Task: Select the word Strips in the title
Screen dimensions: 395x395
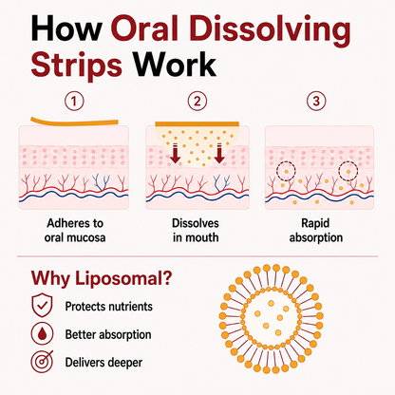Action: click(76, 66)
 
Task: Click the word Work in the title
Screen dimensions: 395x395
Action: click(175, 64)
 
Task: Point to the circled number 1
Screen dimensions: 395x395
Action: click(74, 102)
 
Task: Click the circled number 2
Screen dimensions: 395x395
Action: click(197, 102)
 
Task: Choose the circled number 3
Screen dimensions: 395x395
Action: click(316, 102)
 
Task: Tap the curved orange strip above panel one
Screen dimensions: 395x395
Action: click(74, 122)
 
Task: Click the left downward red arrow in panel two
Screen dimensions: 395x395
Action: click(175, 153)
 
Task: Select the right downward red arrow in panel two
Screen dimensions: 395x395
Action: click(219, 153)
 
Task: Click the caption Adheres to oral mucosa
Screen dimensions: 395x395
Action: click(75, 231)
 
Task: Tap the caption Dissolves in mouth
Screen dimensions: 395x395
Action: click(196, 231)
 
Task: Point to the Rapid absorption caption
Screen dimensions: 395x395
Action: click(316, 231)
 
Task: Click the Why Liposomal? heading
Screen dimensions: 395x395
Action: click(102, 279)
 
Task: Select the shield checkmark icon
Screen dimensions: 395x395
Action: click(42, 305)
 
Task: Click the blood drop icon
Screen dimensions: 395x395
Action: click(42, 333)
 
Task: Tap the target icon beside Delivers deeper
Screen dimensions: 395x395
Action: click(42, 362)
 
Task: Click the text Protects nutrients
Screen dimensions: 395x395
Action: click(109, 307)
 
